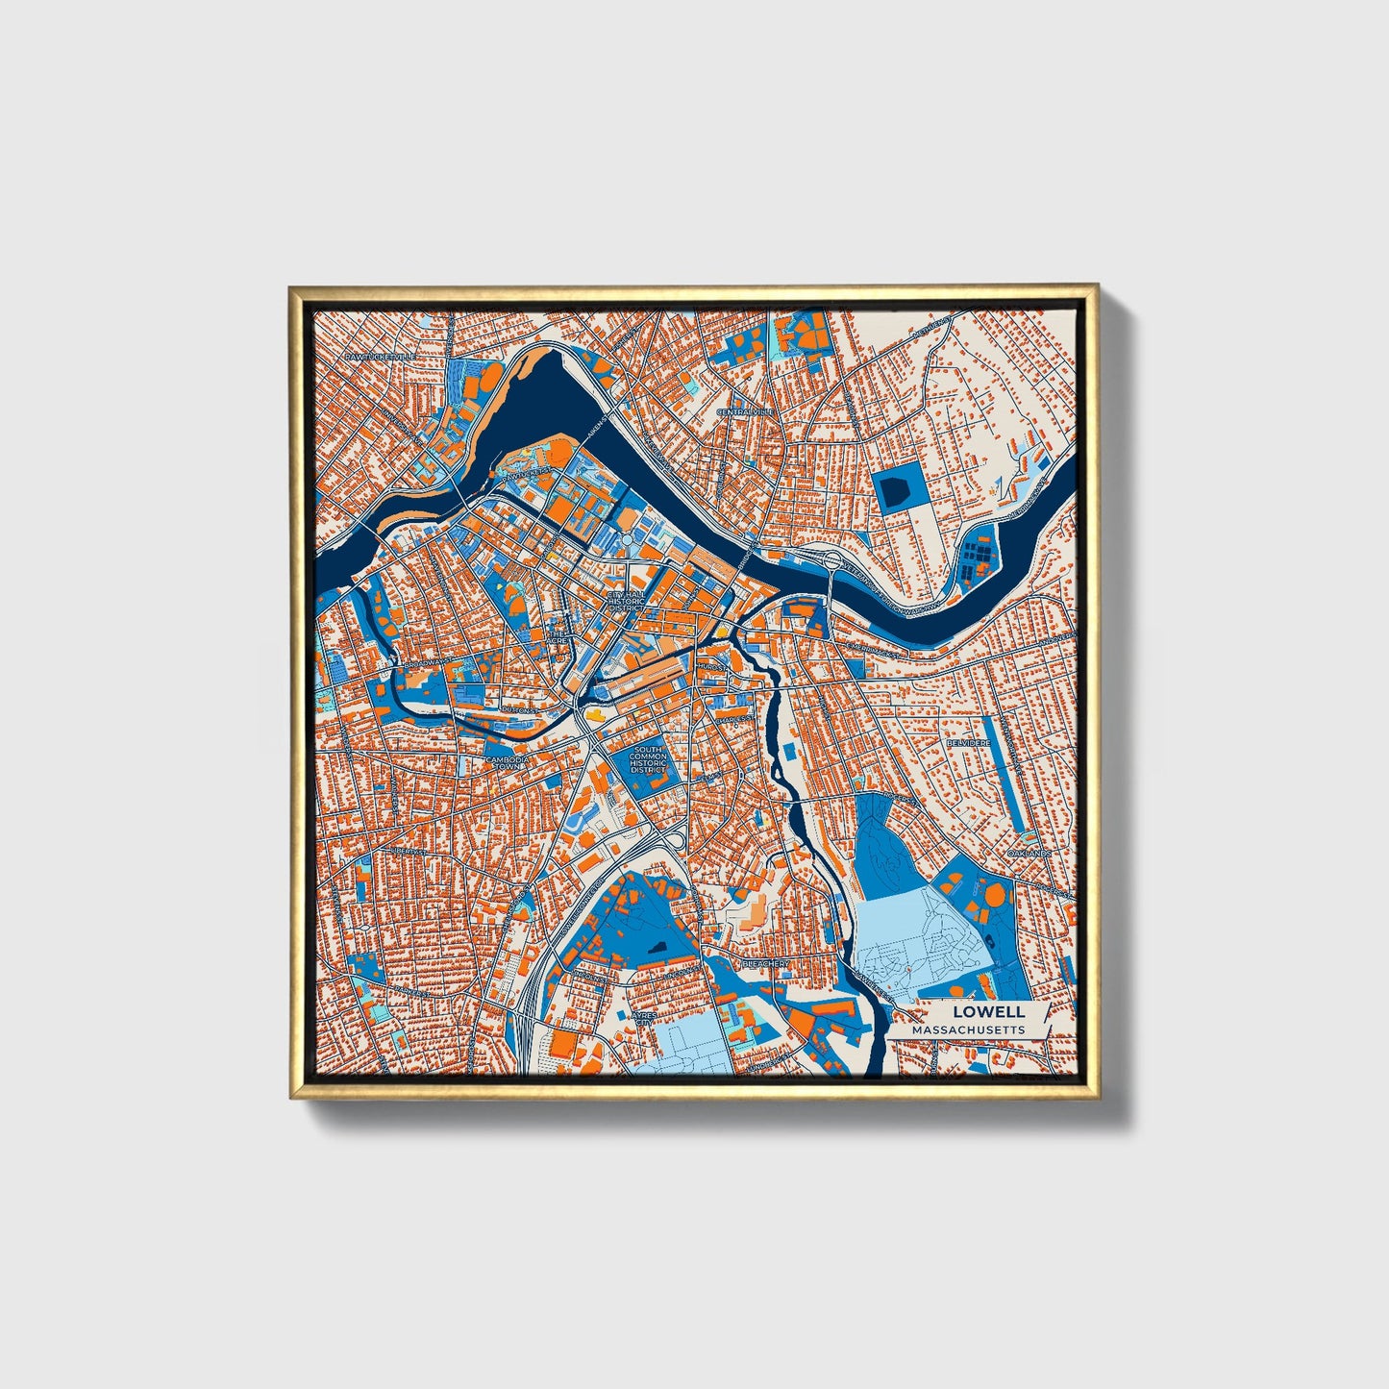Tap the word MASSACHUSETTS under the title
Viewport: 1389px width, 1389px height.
coord(968,1029)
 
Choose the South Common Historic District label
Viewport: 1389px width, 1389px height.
coord(648,759)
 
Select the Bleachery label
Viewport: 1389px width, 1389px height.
coord(765,962)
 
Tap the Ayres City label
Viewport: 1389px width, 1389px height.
coord(644,1019)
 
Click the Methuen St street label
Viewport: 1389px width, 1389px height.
coord(932,327)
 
